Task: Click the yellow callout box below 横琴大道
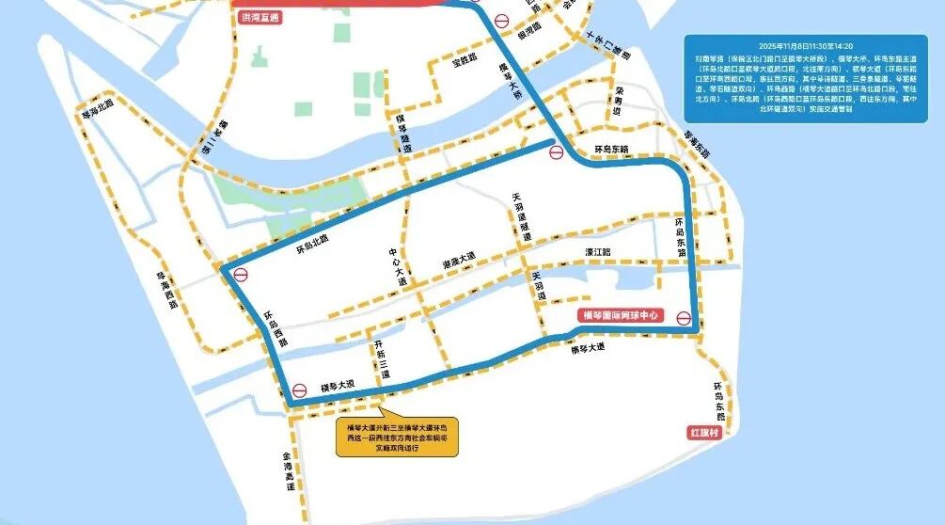pos(398,437)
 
